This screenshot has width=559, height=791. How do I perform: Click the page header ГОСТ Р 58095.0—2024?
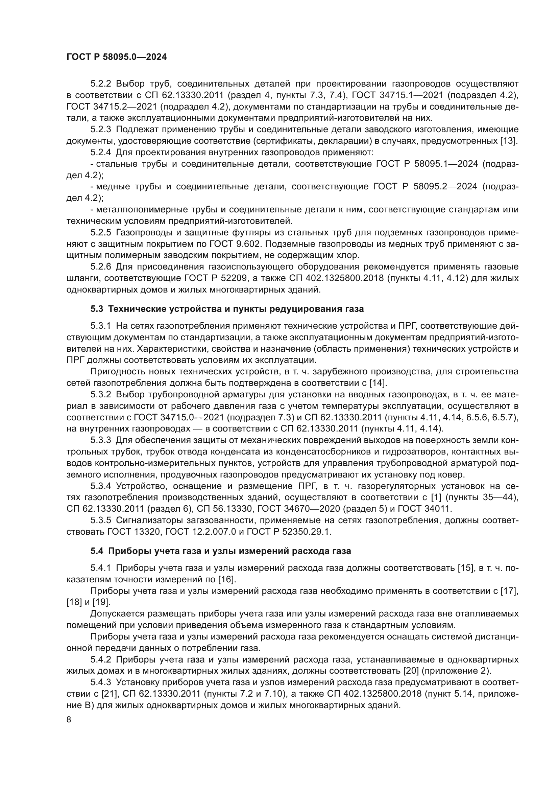coord(116,57)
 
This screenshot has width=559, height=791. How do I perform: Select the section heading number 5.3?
coord(97,309)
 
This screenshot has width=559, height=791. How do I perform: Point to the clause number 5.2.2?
coord(100,84)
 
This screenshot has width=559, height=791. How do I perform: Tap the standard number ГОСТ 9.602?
coord(236,244)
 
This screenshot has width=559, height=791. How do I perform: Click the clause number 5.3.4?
coord(100,486)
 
